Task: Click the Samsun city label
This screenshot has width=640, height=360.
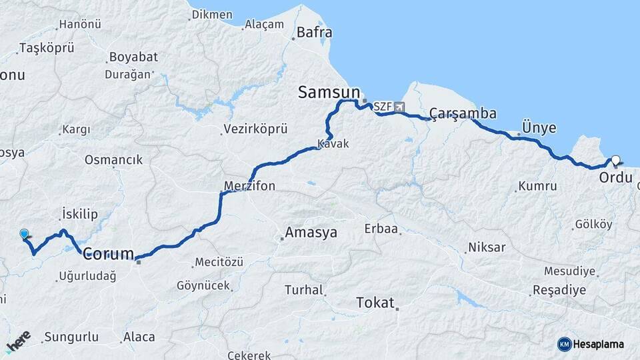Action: (x=329, y=92)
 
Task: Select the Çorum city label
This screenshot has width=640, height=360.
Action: (x=108, y=254)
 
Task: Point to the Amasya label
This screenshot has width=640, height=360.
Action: (x=311, y=233)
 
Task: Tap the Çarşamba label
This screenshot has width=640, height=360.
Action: (x=463, y=113)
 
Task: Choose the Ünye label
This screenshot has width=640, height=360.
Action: (x=539, y=127)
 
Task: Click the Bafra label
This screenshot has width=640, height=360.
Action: (x=314, y=32)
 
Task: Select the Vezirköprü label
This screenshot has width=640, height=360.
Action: (x=255, y=129)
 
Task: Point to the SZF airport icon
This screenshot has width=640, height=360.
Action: (x=399, y=106)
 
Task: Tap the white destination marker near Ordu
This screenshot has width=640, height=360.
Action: (x=615, y=161)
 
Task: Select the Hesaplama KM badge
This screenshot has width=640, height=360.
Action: (x=591, y=344)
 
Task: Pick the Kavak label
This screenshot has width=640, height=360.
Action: (x=333, y=143)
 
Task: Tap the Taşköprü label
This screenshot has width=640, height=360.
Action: (x=47, y=48)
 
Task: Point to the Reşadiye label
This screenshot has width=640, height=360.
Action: (x=559, y=290)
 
